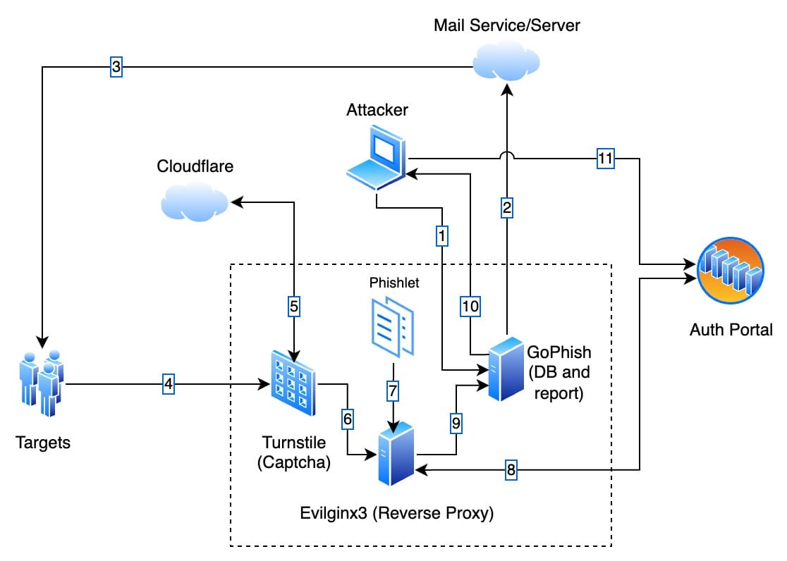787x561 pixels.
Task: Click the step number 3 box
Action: coord(116,68)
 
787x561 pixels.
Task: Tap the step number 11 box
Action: coord(605,159)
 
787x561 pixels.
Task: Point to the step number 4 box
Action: coord(168,384)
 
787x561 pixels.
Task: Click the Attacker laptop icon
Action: coord(377,157)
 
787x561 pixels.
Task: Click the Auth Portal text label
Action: coord(731,328)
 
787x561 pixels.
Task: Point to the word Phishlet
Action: coord(393,283)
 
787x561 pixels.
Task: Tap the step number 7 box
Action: coord(393,389)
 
